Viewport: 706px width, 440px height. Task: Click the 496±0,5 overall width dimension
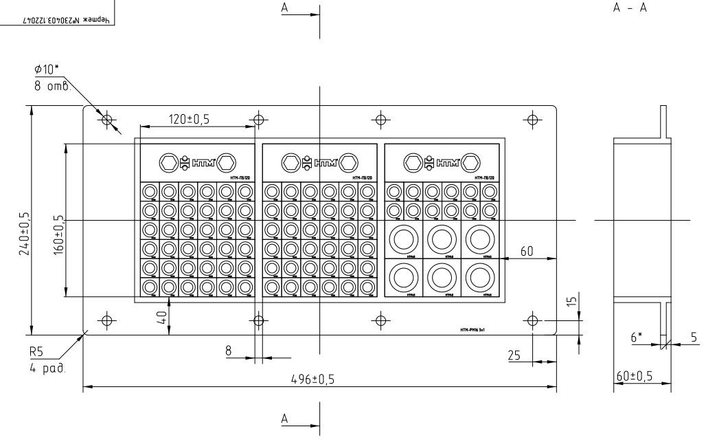[319, 379]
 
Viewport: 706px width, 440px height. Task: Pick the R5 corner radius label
[36, 351]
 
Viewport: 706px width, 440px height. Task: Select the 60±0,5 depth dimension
[634, 376]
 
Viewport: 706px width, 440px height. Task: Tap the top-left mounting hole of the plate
[106, 120]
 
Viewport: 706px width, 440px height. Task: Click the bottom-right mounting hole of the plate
[533, 320]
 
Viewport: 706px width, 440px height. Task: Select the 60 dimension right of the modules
[527, 252]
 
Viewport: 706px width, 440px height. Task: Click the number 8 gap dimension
[228, 351]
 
